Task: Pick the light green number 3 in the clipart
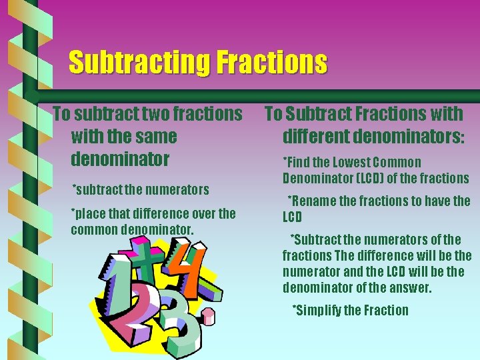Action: point(176,320)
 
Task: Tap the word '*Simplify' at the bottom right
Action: point(319,310)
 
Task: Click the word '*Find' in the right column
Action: point(297,162)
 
